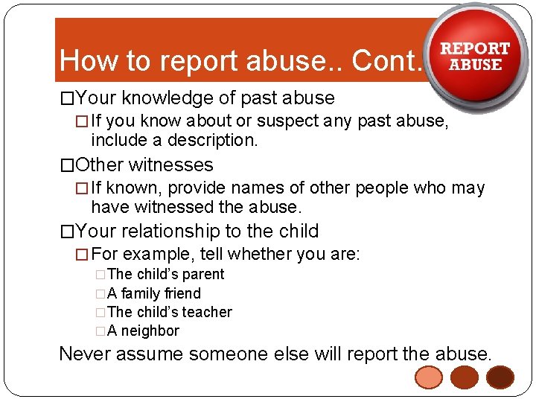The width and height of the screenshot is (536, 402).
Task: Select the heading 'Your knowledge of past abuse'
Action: click(x=205, y=98)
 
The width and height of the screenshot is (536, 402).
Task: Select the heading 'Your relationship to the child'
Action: click(x=197, y=232)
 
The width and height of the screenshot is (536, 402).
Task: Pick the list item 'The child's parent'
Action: click(x=165, y=274)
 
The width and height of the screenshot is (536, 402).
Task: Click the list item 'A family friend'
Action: click(x=154, y=293)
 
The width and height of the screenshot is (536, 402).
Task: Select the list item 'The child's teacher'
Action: click(x=169, y=312)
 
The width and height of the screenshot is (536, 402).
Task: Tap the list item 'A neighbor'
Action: click(x=144, y=331)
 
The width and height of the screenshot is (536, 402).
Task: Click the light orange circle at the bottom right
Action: click(x=430, y=378)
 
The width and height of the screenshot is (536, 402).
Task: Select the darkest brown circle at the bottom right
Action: click(x=500, y=378)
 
